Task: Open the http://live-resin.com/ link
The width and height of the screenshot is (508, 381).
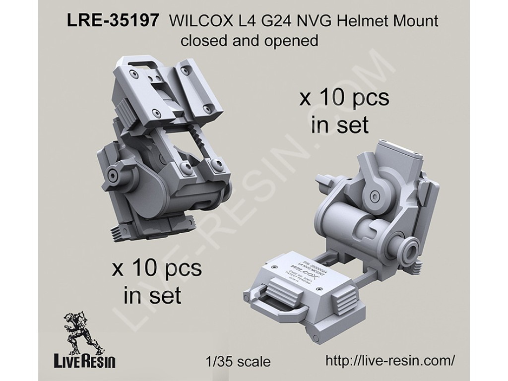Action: (390, 361)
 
